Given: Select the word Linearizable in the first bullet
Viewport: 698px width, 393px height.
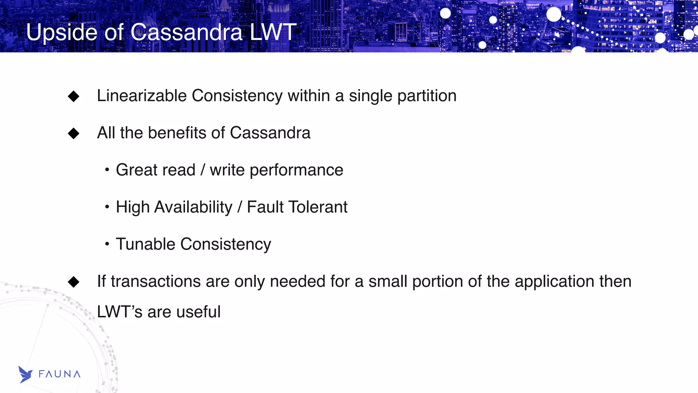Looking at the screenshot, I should click(141, 96).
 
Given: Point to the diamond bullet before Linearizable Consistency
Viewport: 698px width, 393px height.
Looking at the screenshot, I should click(74, 96).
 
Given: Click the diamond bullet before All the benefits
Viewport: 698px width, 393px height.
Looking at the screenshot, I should click(74, 133).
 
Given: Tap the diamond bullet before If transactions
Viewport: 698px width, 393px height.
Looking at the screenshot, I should click(74, 282).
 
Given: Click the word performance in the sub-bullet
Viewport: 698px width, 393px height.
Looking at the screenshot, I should click(296, 170).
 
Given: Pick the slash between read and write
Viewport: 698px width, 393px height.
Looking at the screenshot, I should click(203, 170).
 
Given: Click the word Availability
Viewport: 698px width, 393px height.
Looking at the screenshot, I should click(193, 207).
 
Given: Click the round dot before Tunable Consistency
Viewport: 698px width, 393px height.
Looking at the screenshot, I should click(107, 244).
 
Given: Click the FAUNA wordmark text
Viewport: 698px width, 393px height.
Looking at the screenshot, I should click(59, 374).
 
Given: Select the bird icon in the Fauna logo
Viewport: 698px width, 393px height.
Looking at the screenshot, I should click(25, 375).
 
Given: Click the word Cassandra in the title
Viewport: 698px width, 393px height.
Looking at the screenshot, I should click(186, 33).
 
